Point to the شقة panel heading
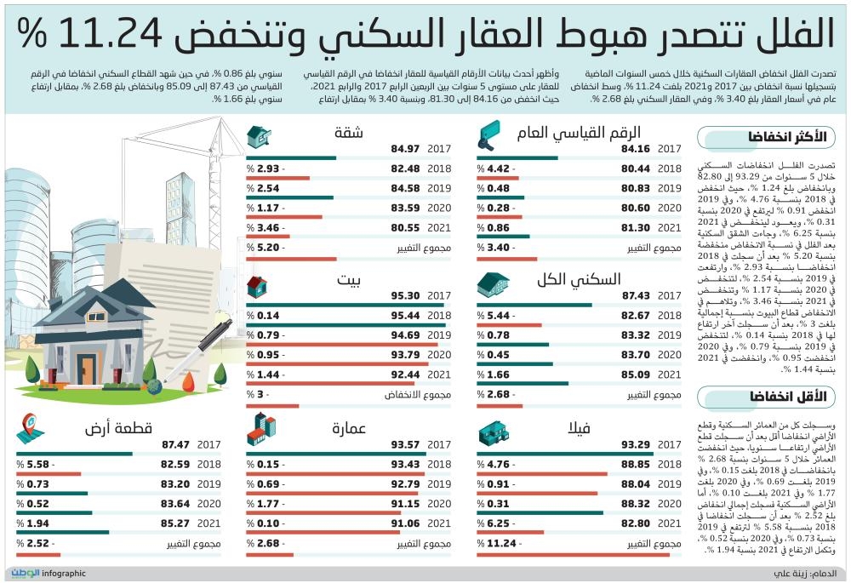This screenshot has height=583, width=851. point(346,133)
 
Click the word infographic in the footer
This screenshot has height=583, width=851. point(64,574)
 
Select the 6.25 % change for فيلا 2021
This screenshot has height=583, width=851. point(495,523)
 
